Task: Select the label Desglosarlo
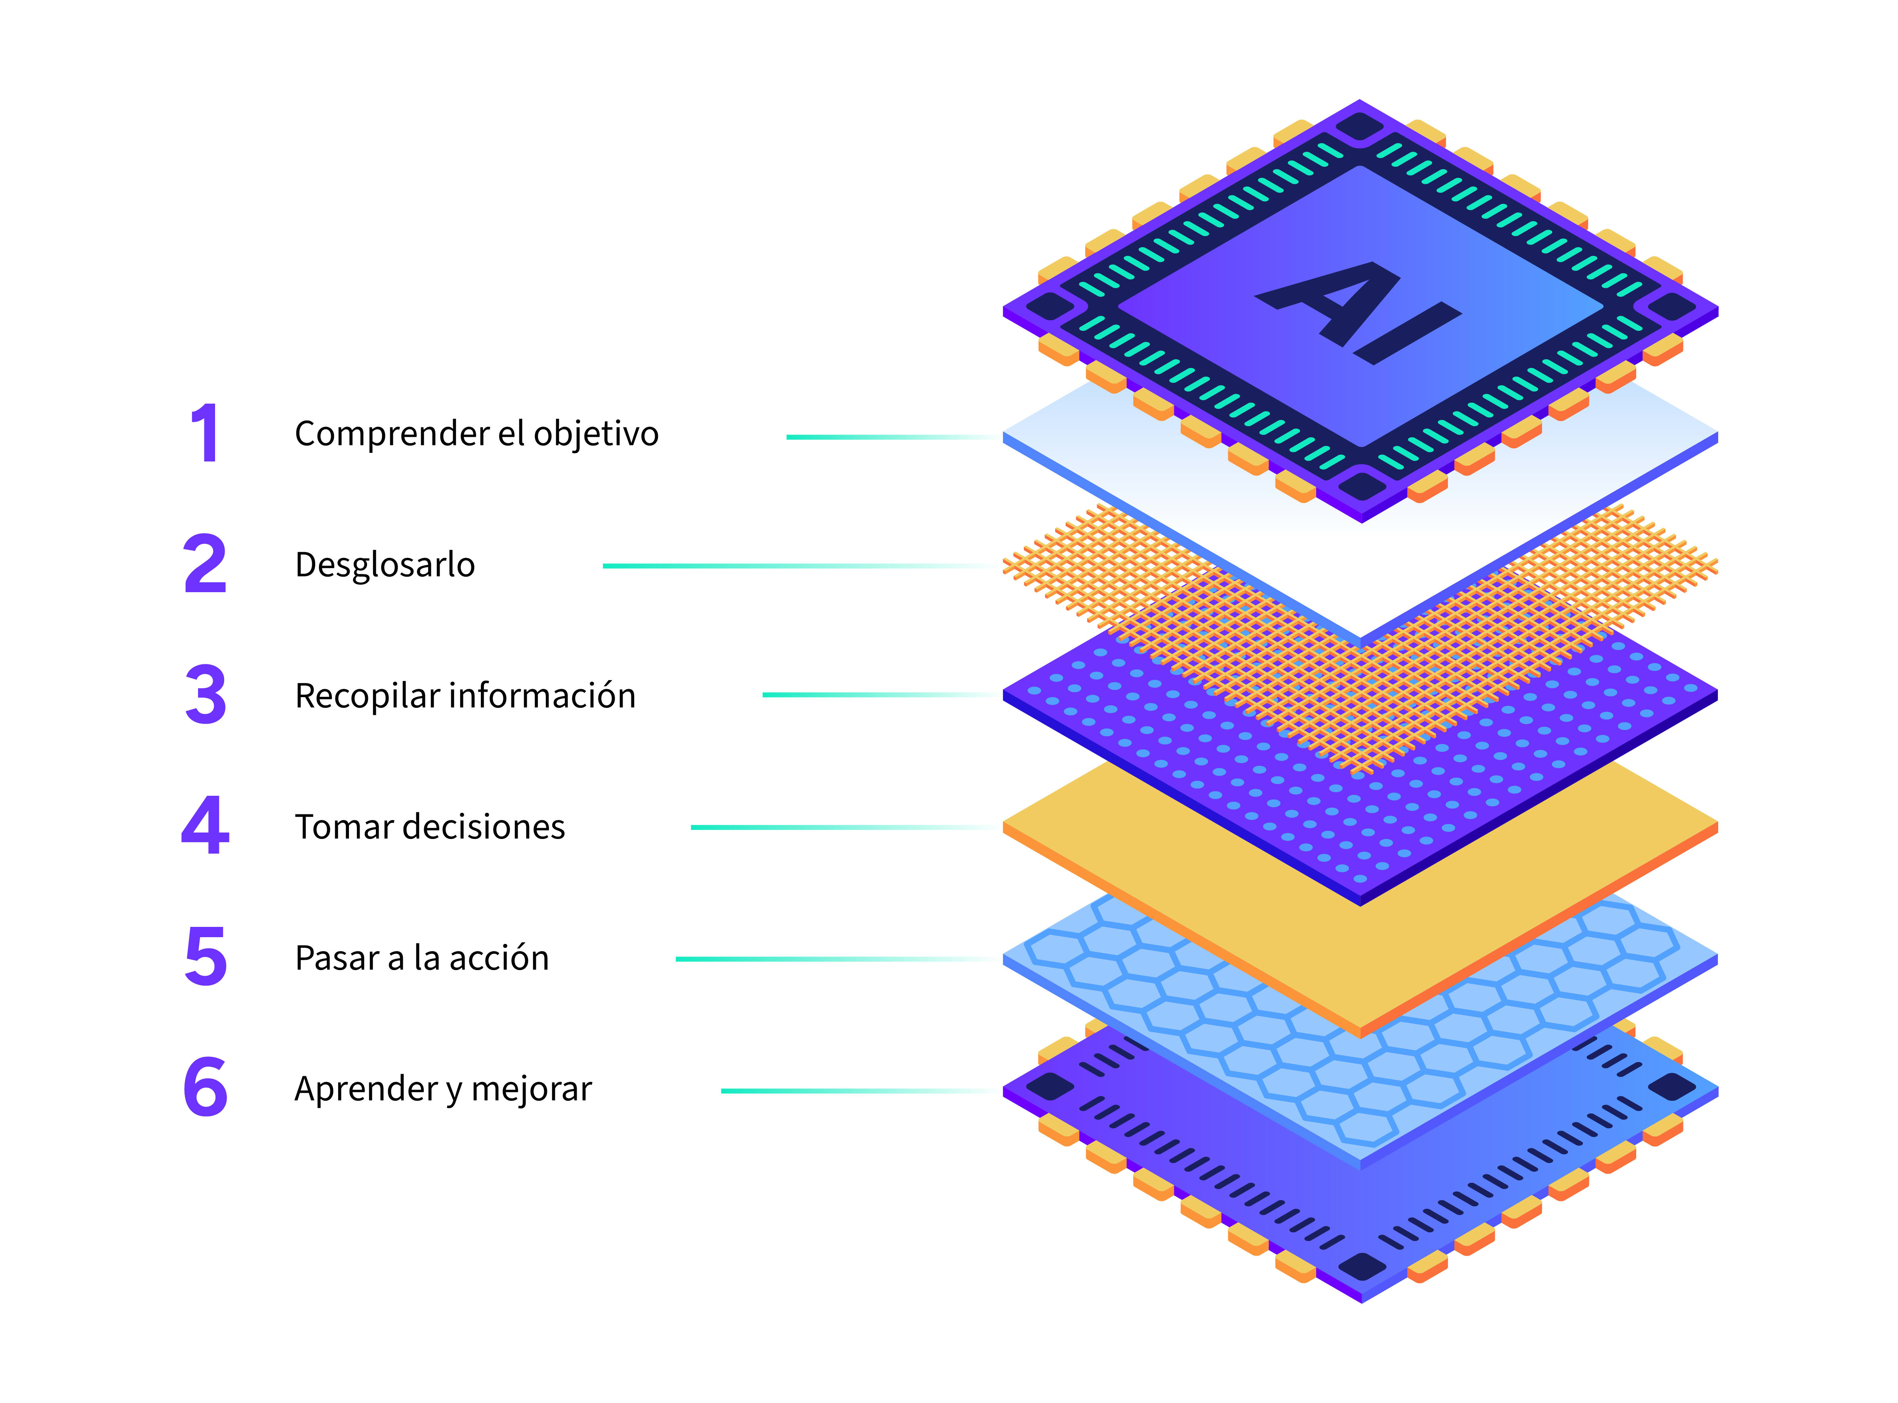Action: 385,565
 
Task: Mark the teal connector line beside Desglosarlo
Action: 764,566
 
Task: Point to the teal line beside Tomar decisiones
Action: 807,827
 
